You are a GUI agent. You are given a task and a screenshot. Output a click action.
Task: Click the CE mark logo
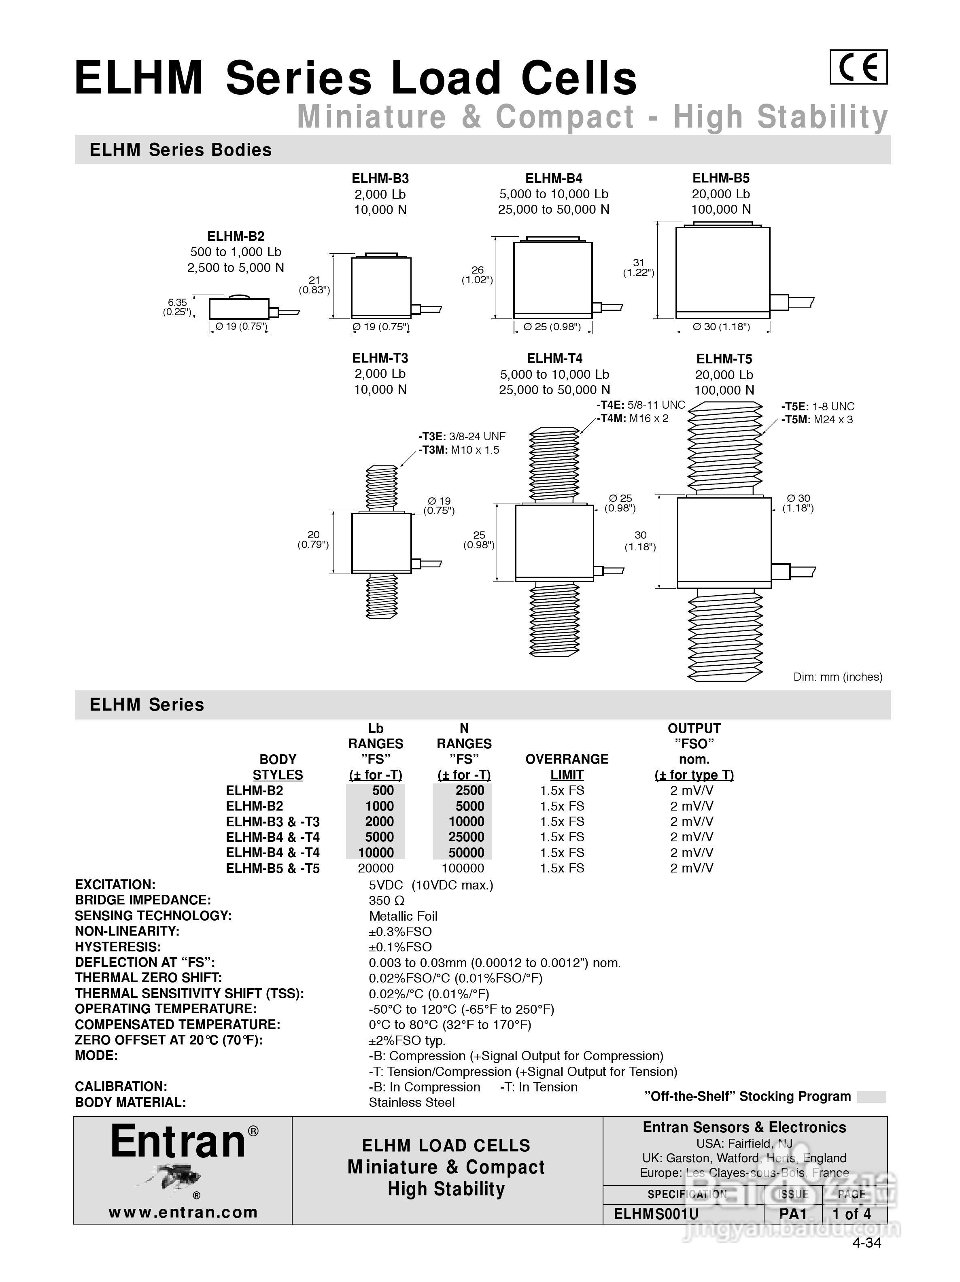pyautogui.click(x=858, y=67)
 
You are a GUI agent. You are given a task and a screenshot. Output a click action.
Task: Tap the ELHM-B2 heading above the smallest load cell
pyautogui.click(x=236, y=236)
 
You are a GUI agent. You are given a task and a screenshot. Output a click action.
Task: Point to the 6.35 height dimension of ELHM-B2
pyautogui.click(x=177, y=302)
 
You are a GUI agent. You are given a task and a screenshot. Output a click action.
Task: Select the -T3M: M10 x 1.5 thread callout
pyautogui.click(x=459, y=450)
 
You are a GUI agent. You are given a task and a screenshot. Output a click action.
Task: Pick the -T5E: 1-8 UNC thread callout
pyautogui.click(x=818, y=407)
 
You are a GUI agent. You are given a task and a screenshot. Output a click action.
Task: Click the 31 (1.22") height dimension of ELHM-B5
pyautogui.click(x=639, y=268)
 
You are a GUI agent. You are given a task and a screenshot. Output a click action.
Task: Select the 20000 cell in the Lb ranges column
pyautogui.click(x=376, y=868)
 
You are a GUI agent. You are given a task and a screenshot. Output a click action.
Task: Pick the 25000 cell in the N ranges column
pyautogui.click(x=466, y=837)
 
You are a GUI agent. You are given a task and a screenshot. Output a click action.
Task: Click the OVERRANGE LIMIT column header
pyautogui.click(x=566, y=767)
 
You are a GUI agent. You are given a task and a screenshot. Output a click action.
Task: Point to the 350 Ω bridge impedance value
pyautogui.click(x=387, y=901)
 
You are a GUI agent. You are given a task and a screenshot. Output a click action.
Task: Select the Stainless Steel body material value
pyautogui.click(x=412, y=1102)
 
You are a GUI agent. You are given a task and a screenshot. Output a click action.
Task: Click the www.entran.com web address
pyautogui.click(x=183, y=1212)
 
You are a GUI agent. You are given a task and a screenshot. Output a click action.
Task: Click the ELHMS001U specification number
pyautogui.click(x=656, y=1214)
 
